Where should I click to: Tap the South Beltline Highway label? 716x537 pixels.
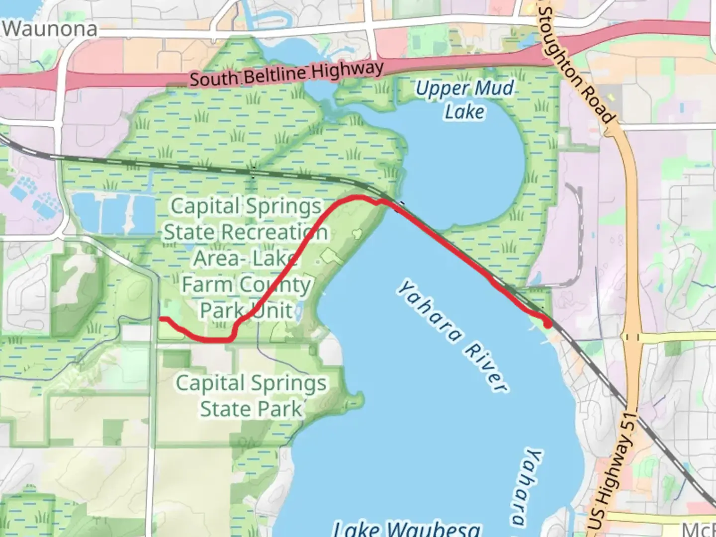(286, 74)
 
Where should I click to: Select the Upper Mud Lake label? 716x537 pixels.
(464, 99)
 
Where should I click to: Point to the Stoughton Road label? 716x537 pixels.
(577, 65)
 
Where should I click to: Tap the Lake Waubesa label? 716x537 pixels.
(407, 529)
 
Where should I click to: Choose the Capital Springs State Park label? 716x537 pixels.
(251, 396)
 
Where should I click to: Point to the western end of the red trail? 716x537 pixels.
(160, 318)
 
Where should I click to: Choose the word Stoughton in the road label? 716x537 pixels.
(562, 45)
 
